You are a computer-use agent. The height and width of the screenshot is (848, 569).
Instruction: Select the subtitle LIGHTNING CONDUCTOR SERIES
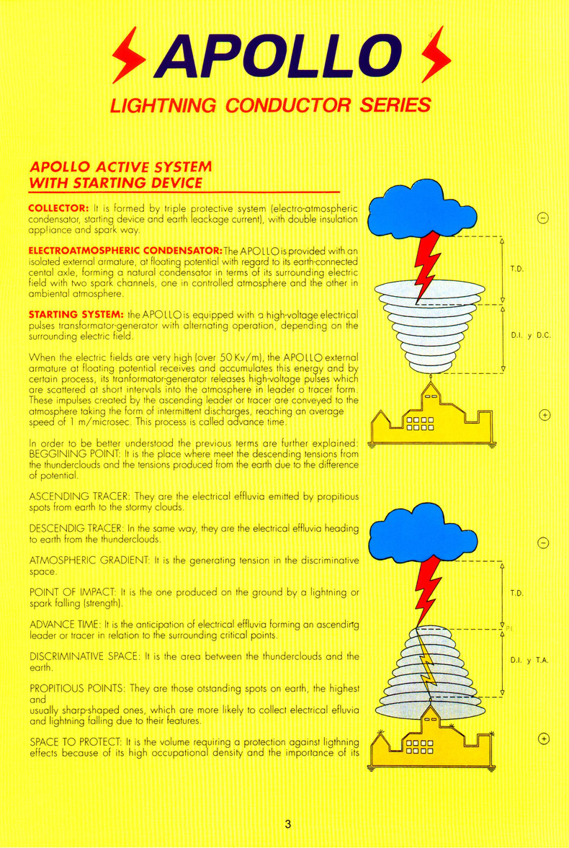tap(270, 105)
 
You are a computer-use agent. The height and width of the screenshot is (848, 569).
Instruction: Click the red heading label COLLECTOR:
tap(58, 207)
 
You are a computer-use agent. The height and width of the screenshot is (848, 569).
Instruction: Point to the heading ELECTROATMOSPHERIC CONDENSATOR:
tap(119, 249)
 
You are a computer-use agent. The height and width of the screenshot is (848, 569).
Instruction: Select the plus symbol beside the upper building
tap(545, 416)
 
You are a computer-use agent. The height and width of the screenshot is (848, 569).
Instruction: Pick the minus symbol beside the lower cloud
tap(545, 543)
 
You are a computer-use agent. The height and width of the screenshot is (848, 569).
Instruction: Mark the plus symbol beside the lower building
tap(545, 738)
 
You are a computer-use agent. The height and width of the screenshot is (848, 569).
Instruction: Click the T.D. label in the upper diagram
tap(516, 269)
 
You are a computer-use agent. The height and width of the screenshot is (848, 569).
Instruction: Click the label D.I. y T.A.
tap(529, 659)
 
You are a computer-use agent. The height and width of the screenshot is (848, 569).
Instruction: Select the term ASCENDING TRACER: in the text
tap(74, 497)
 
